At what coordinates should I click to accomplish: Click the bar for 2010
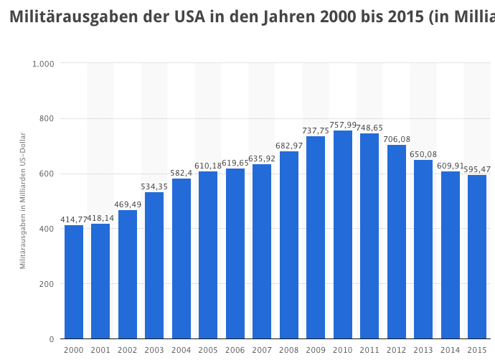point(343,235)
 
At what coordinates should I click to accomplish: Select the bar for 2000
point(74,282)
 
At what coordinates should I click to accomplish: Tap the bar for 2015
point(477,257)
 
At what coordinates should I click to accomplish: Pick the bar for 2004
point(181,258)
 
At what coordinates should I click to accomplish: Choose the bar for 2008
point(289,245)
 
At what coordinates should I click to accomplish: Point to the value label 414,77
point(74,219)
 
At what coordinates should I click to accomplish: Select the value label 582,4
point(181,173)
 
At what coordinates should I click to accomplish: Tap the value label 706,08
point(397,139)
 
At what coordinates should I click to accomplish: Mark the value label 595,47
point(477,169)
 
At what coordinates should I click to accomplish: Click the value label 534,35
point(154,186)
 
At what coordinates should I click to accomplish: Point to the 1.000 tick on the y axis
point(44,64)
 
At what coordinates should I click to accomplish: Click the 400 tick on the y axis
point(47,229)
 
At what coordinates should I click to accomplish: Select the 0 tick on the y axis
point(52,339)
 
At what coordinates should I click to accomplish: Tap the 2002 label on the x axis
point(128,350)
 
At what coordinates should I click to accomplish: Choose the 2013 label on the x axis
point(423,350)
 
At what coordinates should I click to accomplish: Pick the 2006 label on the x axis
point(235,350)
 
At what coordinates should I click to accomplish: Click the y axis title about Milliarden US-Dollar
point(23,201)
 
